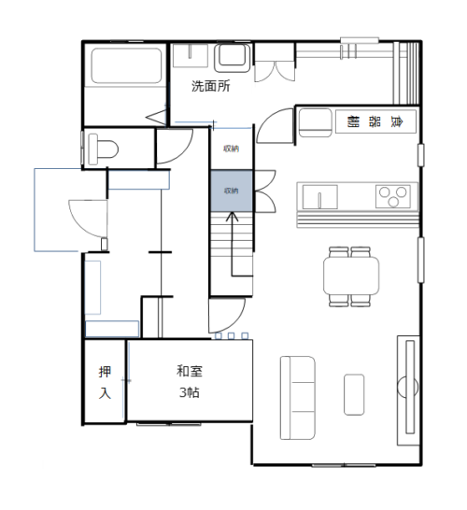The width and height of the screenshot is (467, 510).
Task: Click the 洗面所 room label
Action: click(x=210, y=86)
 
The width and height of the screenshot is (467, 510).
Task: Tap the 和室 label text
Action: click(x=190, y=371)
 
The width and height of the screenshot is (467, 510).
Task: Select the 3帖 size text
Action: click(x=190, y=392)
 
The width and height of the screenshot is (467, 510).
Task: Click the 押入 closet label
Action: click(x=105, y=383)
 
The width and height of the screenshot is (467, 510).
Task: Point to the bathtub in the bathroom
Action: click(x=126, y=65)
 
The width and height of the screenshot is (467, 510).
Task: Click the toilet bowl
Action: click(x=103, y=149)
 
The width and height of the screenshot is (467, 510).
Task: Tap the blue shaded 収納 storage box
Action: click(x=232, y=191)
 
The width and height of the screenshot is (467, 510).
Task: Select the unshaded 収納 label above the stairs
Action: click(x=232, y=149)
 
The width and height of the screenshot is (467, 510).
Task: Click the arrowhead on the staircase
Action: click(x=232, y=217)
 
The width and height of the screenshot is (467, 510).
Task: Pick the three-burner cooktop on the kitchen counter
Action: click(x=393, y=196)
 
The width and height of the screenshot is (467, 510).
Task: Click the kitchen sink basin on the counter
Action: click(x=319, y=197)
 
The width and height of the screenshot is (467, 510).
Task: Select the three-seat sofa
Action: click(x=298, y=398)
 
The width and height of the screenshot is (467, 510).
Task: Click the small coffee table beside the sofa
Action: click(x=354, y=394)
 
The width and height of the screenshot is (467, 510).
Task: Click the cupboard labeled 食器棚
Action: click(x=375, y=121)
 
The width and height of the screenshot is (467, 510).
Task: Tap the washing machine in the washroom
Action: click(x=232, y=58)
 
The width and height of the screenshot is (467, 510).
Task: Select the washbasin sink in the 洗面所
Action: click(x=191, y=56)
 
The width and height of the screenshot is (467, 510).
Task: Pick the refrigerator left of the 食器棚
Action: click(x=315, y=123)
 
